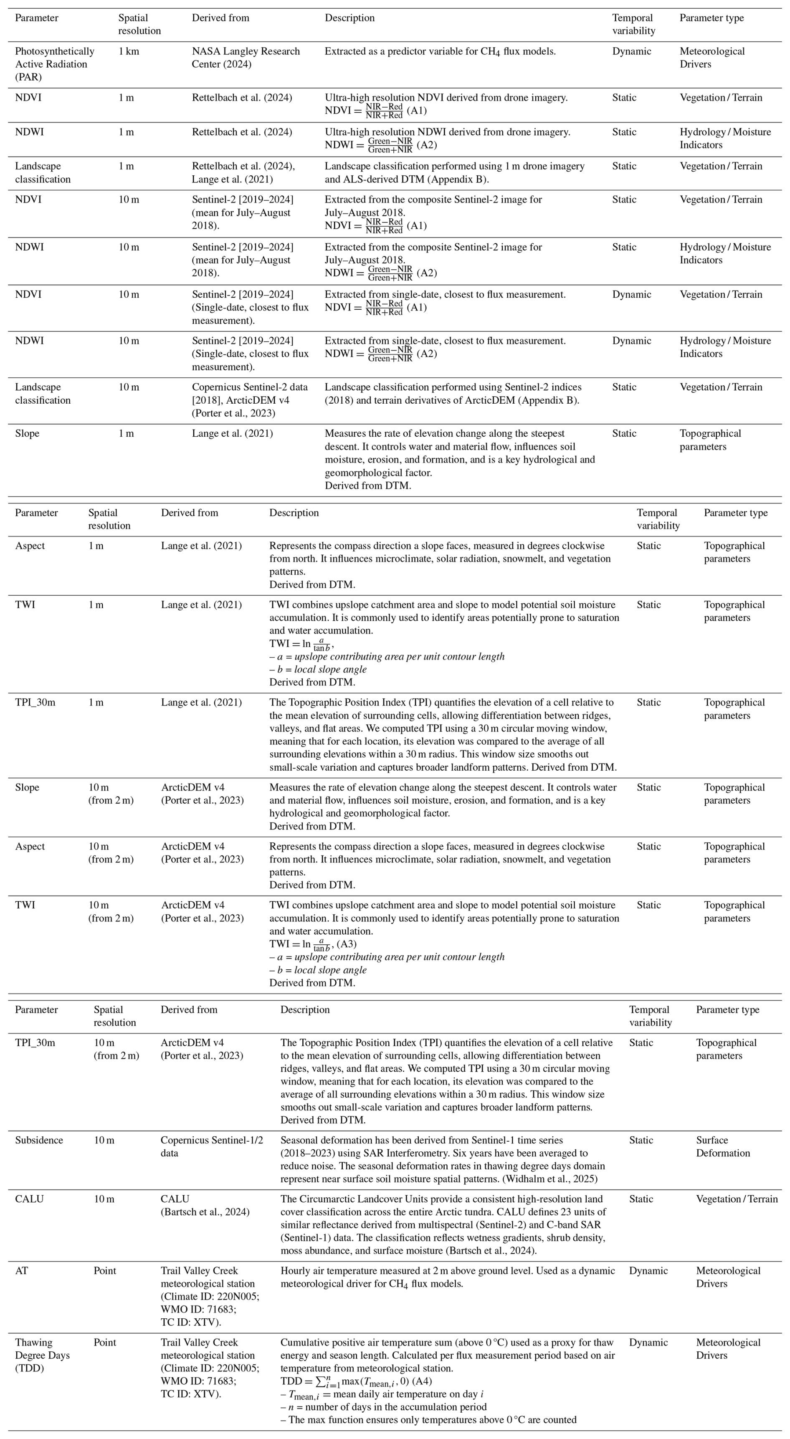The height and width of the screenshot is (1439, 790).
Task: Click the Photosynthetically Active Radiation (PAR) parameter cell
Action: coord(54,64)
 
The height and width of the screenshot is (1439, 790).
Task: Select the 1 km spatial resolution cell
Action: coord(129,51)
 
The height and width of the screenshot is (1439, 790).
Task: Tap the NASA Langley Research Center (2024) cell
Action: coord(246,58)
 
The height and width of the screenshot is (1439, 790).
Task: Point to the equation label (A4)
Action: coord(422,1381)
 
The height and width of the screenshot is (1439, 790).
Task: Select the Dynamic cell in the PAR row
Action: coord(631,51)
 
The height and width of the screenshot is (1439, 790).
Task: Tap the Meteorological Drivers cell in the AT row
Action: coord(727,1277)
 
